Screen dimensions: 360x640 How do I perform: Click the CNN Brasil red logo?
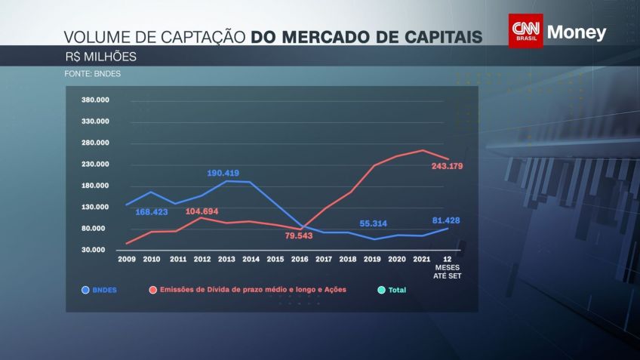[x=525, y=31]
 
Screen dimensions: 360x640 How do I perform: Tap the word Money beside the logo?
[x=576, y=33]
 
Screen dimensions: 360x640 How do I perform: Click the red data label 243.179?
[x=445, y=165]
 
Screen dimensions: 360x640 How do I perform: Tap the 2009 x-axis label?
[x=126, y=259]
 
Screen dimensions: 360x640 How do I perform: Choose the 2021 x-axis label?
[x=421, y=259]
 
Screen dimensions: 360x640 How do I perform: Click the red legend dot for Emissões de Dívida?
[x=153, y=289]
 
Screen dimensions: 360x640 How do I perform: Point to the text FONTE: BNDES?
[x=93, y=74]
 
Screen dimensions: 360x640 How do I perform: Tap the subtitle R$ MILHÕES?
[x=100, y=56]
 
